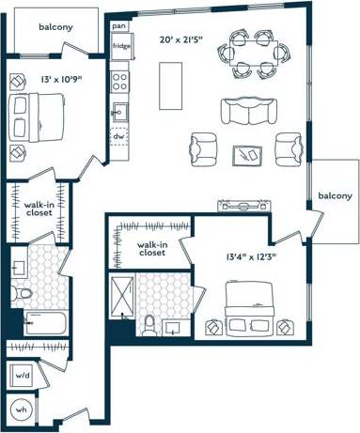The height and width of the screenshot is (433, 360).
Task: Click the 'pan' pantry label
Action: pyautogui.click(x=119, y=27)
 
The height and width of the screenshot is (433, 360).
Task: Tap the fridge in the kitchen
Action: pyautogui.click(x=121, y=46)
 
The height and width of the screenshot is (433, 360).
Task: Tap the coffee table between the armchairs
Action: pyautogui.click(x=249, y=152)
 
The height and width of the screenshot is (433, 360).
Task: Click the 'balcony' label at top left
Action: pyautogui.click(x=55, y=26)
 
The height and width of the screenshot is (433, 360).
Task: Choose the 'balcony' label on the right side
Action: pyautogui.click(x=335, y=195)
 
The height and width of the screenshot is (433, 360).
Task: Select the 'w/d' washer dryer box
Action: pyautogui.click(x=21, y=377)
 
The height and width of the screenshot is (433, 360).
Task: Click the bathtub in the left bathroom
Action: pyautogui.click(x=39, y=324)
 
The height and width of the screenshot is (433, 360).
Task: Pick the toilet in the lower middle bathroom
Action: pyautogui.click(x=149, y=323)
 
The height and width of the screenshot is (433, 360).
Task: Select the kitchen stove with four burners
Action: pyautogui.click(x=120, y=81)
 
